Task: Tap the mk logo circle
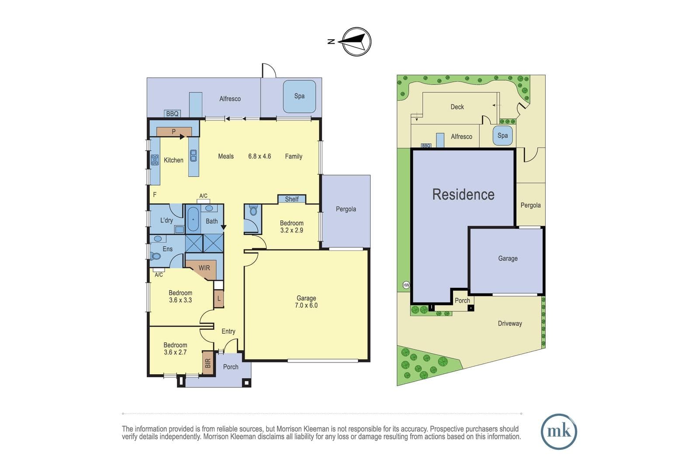pos(559,431)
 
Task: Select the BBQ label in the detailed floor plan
pos(172,114)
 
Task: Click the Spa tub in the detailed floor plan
pos(299,96)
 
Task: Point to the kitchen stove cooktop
pos(155,160)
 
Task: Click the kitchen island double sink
pos(194,155)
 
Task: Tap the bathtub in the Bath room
pos(193,219)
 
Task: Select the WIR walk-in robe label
pos(204,268)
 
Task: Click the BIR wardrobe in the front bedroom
pos(208,363)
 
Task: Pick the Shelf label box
pos(292,199)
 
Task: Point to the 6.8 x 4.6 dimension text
pos(260,156)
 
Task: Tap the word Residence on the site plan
pos(464,195)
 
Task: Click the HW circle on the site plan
pos(406,285)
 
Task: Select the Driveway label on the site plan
pos(510,324)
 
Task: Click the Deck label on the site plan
pos(457,107)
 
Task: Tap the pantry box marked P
pos(174,131)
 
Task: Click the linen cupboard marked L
pos(219,298)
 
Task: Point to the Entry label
pos(228,331)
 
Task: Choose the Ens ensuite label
pos(168,249)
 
